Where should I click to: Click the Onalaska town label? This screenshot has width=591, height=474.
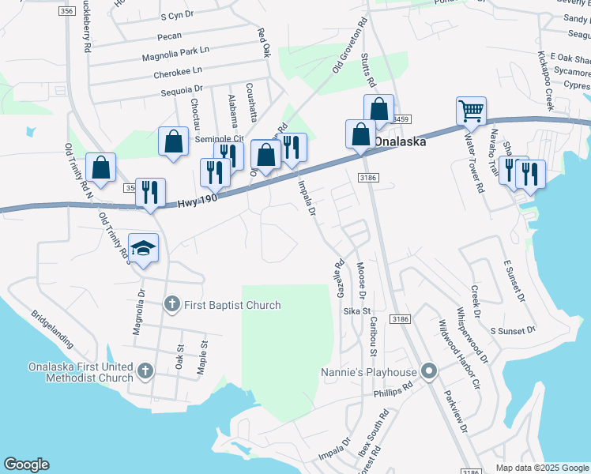[x=400, y=142]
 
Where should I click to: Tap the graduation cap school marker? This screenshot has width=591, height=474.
[x=144, y=248]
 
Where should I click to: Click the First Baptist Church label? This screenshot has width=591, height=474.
[x=232, y=305]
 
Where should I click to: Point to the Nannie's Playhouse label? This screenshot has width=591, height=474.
[x=368, y=372]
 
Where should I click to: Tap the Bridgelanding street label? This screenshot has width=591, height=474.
[x=52, y=329]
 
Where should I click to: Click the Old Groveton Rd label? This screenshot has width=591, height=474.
[x=348, y=45]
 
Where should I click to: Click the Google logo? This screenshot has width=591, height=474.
[x=26, y=465]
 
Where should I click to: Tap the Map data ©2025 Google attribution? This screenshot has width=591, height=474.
[x=542, y=468]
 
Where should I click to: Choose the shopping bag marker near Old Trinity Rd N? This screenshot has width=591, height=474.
[x=100, y=169]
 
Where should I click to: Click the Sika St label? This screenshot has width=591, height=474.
[x=352, y=312]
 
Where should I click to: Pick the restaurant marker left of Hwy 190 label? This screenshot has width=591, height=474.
[x=150, y=194]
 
